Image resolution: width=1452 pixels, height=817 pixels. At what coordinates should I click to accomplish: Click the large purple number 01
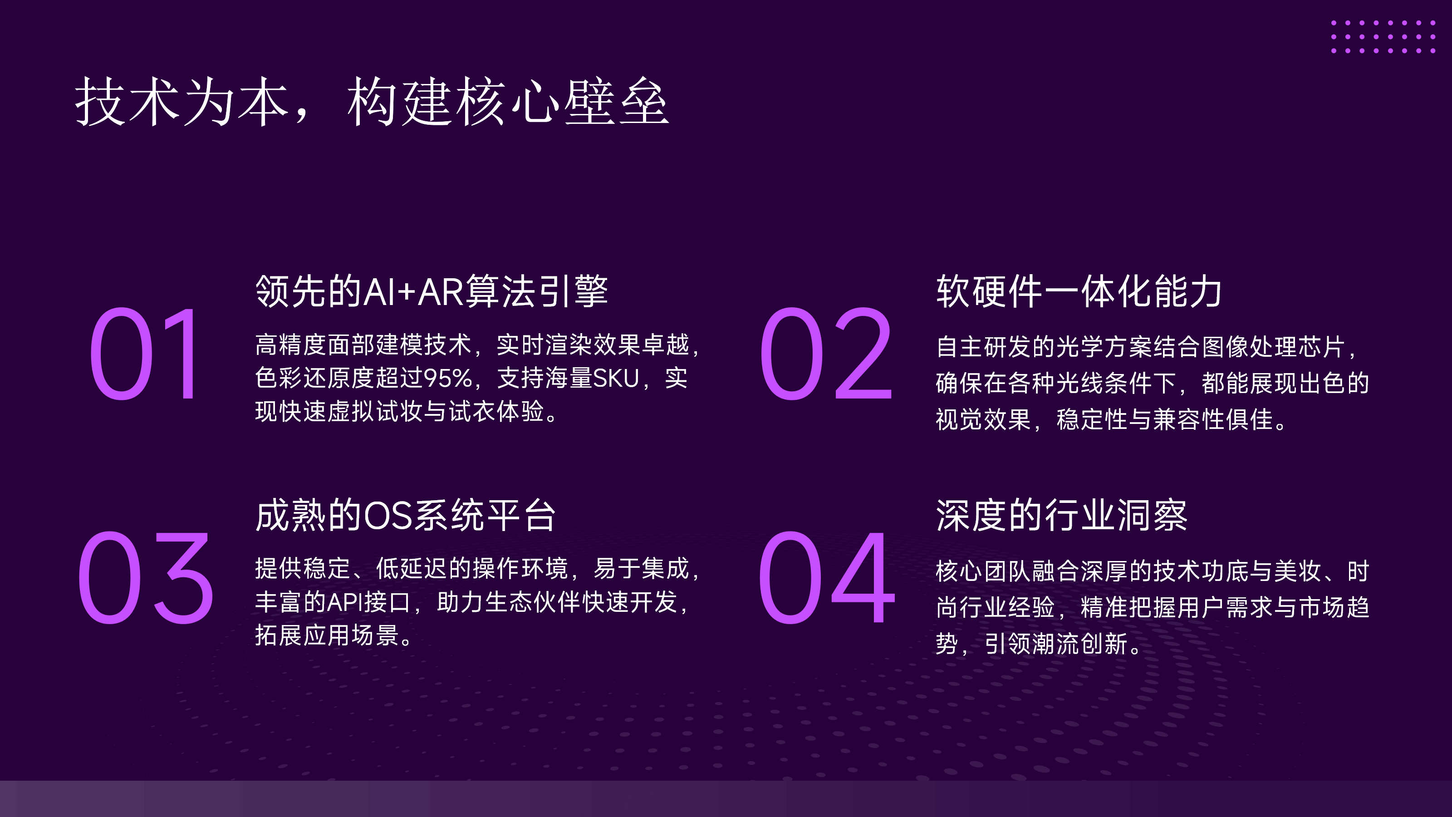(144, 354)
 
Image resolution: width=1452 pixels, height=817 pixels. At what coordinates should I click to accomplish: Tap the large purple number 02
(826, 354)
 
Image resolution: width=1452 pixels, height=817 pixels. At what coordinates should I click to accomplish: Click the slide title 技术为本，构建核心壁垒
(372, 102)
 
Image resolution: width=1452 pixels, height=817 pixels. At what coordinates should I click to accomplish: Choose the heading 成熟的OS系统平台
(406, 515)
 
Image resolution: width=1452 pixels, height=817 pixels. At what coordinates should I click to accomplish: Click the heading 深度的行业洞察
(1062, 515)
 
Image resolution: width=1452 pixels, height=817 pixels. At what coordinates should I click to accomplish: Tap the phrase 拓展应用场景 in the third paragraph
(327, 635)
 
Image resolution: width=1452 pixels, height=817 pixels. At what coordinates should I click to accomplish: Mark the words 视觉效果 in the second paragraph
(984, 419)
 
